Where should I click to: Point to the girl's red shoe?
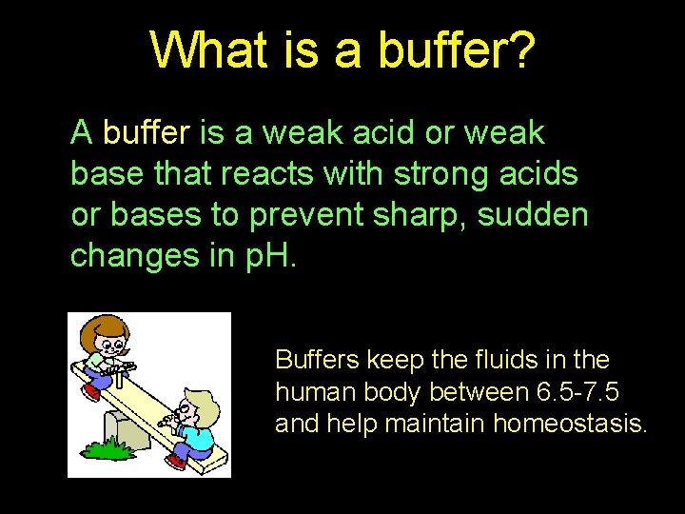(x=92, y=390)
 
